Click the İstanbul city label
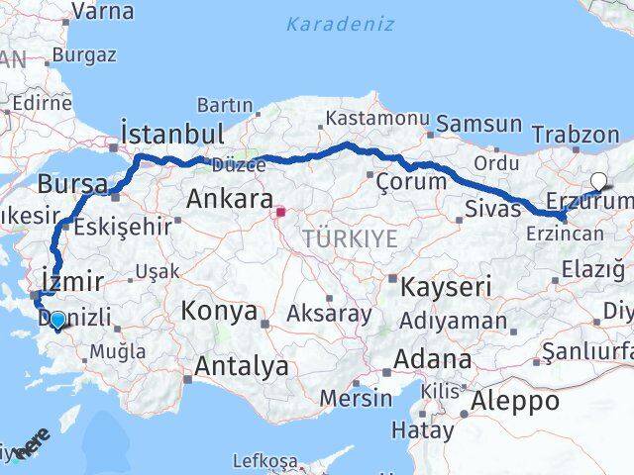(170, 133)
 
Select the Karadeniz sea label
(340, 23)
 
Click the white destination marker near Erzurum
(599, 180)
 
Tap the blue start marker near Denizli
(57, 320)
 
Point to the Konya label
(218, 312)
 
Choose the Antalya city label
(242, 366)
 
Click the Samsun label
(479, 124)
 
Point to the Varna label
(103, 12)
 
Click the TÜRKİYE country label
(350, 237)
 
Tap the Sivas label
(492, 210)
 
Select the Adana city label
(434, 357)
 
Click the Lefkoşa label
(264, 460)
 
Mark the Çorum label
(411, 181)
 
